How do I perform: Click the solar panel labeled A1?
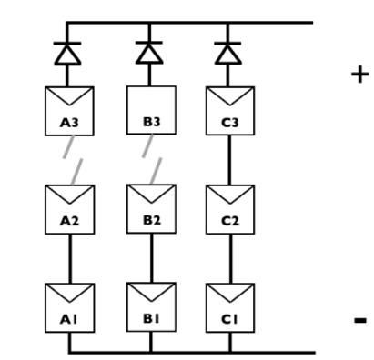[x=69, y=306]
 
